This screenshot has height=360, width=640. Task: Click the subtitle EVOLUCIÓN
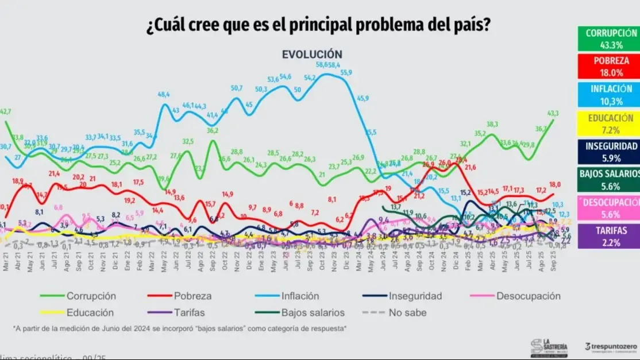[x=312, y=54]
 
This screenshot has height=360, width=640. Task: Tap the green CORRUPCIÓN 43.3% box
[x=608, y=38]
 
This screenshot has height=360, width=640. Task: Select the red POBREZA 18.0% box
[x=608, y=67]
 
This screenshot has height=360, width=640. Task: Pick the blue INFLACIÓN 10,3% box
[x=608, y=95]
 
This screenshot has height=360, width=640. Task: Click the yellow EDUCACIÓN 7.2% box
[x=608, y=123]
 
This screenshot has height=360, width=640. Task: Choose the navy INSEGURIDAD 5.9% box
[x=608, y=152]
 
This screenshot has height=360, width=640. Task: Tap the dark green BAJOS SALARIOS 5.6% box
[x=608, y=180]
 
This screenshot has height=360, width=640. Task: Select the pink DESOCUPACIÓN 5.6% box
[x=608, y=208]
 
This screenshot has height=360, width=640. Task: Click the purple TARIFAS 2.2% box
[x=608, y=237]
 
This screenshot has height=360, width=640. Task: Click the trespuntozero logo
[x=610, y=347]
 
